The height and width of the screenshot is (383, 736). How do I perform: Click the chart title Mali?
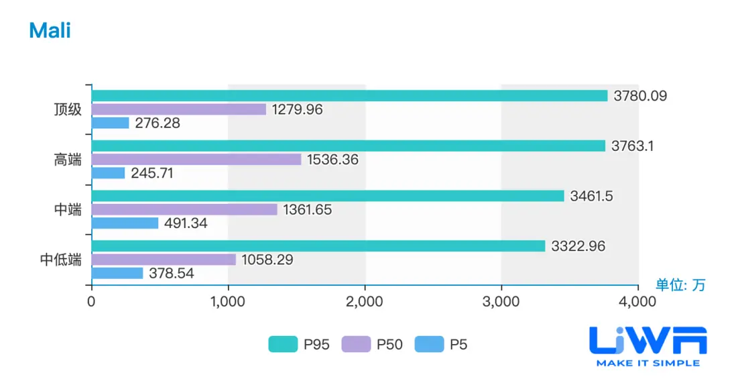click(50, 30)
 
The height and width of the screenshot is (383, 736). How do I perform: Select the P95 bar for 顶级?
click(349, 96)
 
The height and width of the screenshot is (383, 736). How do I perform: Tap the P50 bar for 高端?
click(196, 160)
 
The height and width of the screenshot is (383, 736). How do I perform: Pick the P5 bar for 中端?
click(125, 223)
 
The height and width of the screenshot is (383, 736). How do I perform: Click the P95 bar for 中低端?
click(318, 246)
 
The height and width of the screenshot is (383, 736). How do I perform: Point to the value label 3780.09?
click(640, 96)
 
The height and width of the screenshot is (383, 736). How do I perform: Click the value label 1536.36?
click(332, 160)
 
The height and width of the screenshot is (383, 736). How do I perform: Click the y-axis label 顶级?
click(68, 109)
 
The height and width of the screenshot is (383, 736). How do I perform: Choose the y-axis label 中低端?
click(61, 260)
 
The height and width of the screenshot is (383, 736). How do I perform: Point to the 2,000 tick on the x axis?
click(365, 302)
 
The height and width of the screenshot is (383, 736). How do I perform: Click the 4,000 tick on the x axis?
click(637, 302)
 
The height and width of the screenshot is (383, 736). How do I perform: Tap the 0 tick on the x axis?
click(91, 302)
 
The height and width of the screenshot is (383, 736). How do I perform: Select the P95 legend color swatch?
click(283, 345)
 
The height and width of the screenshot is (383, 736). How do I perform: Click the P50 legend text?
click(389, 345)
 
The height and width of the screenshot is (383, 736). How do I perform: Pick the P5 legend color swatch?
click(429, 345)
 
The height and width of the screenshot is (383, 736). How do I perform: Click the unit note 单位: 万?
click(680, 285)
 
